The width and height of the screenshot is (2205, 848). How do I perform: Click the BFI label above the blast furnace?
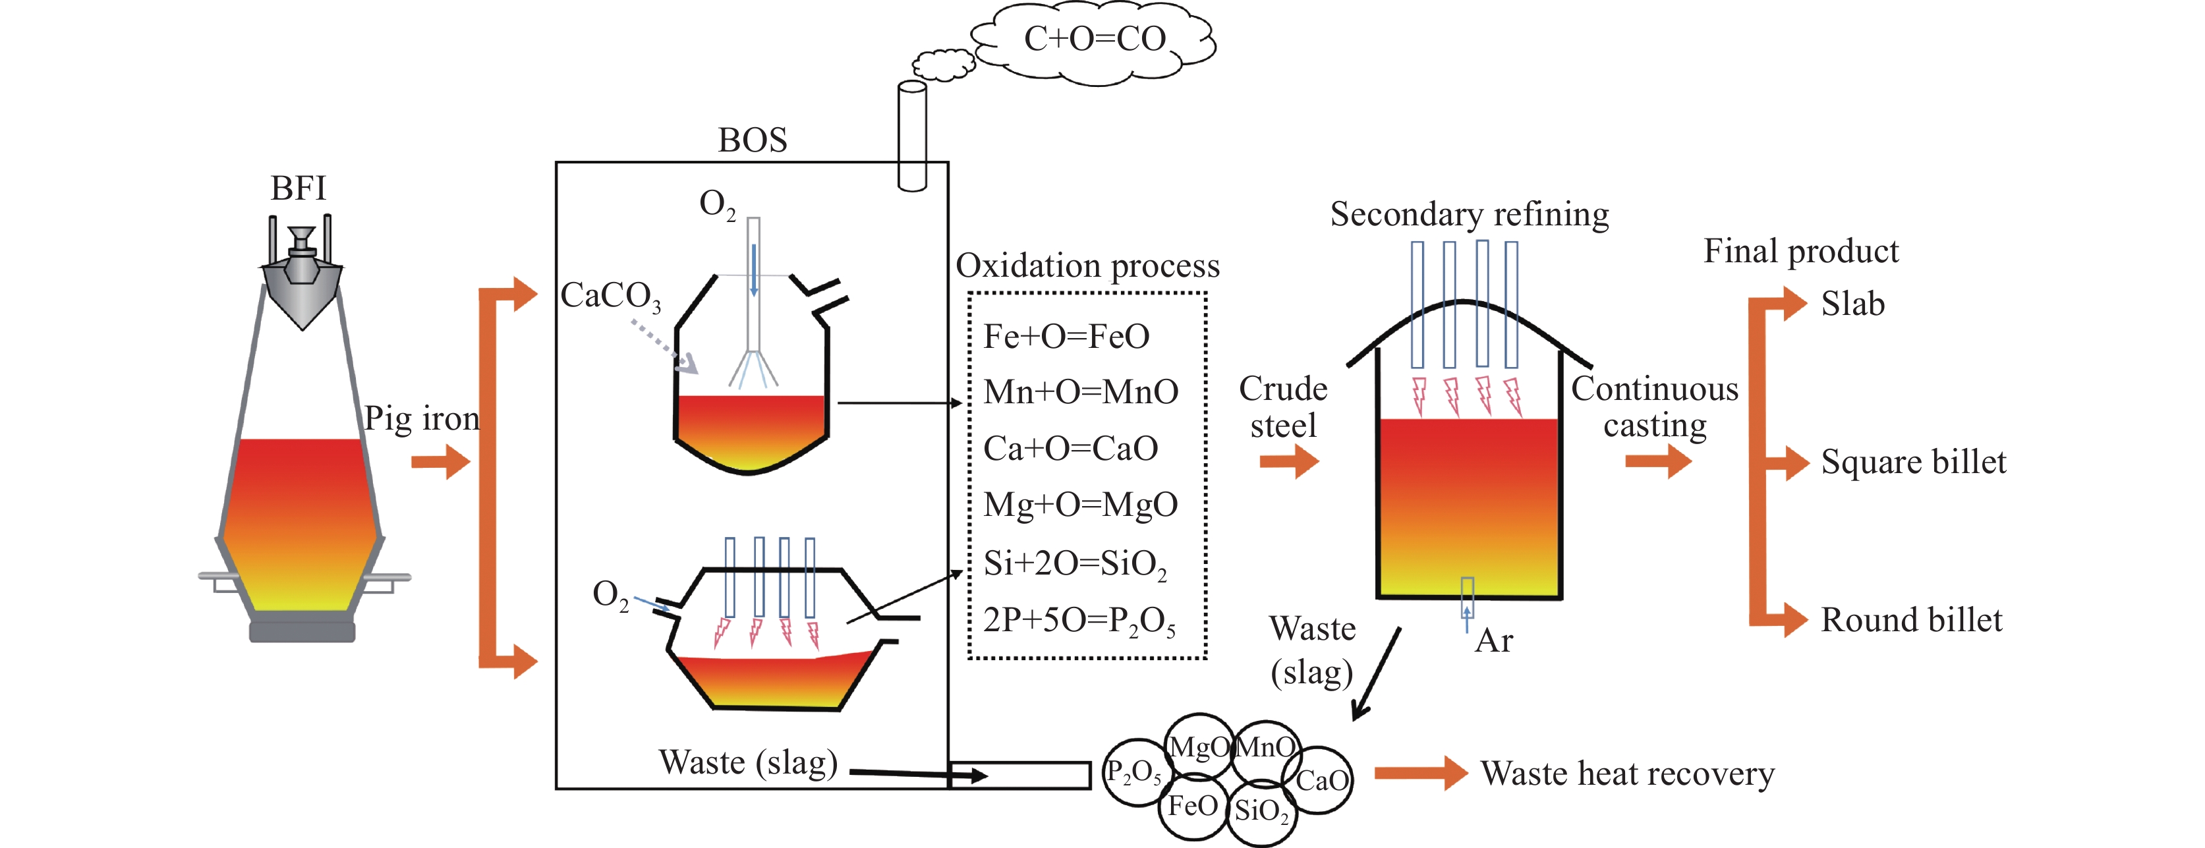(298, 188)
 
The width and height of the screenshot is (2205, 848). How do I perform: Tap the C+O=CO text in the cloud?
(1095, 38)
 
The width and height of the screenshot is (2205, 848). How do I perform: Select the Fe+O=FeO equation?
(1066, 336)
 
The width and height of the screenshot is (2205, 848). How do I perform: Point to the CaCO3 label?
(610, 296)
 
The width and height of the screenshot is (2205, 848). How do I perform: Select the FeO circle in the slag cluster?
(1192, 805)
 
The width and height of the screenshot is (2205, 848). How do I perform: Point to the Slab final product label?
(1852, 304)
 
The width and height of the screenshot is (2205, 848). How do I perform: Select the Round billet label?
(1910, 619)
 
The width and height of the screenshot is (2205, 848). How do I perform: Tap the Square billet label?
(1912, 462)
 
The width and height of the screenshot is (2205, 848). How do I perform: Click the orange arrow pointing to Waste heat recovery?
(1420, 773)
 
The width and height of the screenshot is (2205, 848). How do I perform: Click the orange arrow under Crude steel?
(1288, 462)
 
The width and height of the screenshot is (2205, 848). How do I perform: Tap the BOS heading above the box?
(751, 140)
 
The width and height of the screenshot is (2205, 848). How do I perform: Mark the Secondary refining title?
(1469, 214)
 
